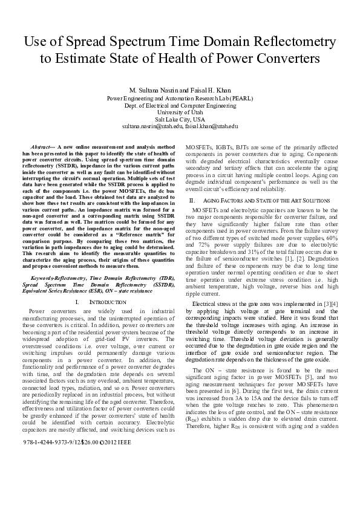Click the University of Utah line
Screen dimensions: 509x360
tap(180, 112)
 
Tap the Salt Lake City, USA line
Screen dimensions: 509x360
tap(180, 120)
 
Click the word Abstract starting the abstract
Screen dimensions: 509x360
tap(42, 147)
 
